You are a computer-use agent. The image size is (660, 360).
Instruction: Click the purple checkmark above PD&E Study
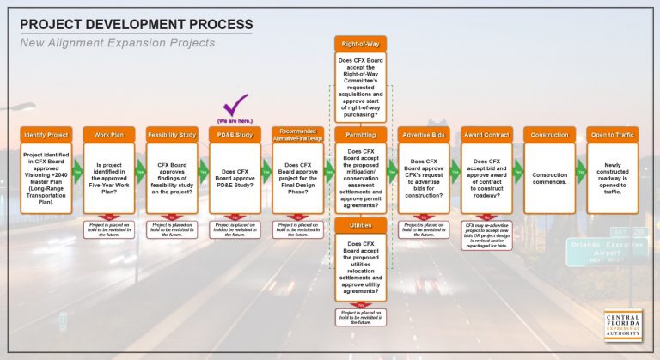235,108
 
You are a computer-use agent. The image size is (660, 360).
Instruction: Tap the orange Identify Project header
46,135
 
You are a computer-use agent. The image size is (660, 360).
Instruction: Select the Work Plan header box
108,135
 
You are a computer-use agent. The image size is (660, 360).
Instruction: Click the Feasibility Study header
172,135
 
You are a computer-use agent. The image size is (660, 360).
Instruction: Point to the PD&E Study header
235,135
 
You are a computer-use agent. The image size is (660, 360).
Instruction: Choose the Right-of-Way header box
361,43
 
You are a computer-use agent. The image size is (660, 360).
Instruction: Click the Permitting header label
361,135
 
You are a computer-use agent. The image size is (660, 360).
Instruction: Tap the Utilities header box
361,225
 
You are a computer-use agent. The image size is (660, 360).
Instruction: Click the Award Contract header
486,135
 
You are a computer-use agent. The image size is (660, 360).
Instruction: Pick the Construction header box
549,135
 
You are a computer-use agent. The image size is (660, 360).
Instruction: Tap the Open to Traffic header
613,135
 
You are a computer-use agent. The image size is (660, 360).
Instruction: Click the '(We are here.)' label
235,121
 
